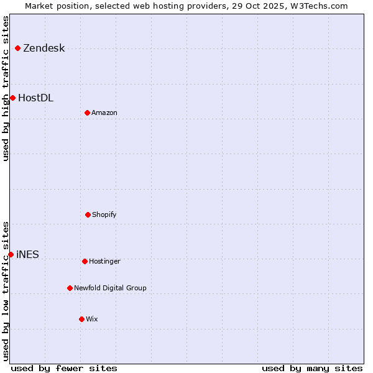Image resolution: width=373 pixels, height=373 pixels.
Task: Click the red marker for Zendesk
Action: pos(17,48)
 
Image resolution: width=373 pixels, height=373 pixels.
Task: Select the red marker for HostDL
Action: pos(12,98)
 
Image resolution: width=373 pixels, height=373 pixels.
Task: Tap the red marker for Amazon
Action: pos(87,113)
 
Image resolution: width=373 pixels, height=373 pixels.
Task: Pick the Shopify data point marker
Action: pos(88,214)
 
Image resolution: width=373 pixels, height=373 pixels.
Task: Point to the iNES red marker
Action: pos(11,254)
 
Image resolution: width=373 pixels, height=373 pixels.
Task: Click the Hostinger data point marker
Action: pos(85,261)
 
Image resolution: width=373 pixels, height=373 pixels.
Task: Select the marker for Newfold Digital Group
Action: pos(70,288)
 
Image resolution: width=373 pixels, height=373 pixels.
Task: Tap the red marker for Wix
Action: pos(81,319)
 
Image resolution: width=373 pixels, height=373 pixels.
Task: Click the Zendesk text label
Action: pos(44,48)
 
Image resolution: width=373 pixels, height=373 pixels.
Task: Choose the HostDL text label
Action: pos(35,98)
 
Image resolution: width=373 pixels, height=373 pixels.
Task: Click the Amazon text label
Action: pos(104,113)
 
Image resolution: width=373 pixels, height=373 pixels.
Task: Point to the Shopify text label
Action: pos(104,215)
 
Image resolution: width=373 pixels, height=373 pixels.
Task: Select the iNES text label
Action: pos(27,255)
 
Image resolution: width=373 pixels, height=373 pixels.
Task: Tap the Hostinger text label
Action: pos(104,262)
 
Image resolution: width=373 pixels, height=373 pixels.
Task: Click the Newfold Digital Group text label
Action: pos(110,288)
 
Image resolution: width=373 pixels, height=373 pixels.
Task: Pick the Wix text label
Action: pos(92,320)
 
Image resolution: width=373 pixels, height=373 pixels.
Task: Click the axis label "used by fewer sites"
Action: pos(64,368)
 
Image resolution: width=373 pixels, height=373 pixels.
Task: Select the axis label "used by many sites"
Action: pos(312,368)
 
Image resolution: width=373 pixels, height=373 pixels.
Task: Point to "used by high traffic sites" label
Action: pos(6,88)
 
